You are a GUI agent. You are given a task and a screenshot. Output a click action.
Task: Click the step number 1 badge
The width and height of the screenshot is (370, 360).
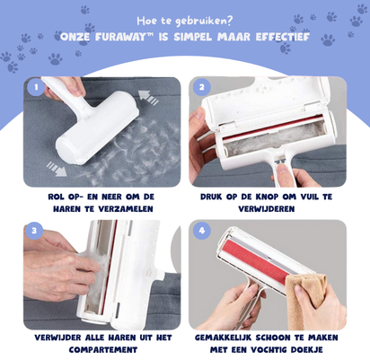tap(36, 87)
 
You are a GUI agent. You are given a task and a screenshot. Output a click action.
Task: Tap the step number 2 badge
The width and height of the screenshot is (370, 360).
tap(201, 87)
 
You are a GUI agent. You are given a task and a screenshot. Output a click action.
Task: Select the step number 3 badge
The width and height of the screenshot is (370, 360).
tap(34, 231)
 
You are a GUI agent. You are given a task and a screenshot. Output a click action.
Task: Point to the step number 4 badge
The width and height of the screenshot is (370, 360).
tap(202, 231)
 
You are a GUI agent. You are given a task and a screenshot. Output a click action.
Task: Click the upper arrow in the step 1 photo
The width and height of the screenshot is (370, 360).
tap(148, 97)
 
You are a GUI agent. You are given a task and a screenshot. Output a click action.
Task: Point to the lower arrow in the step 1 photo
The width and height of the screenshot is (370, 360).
tap(57, 169)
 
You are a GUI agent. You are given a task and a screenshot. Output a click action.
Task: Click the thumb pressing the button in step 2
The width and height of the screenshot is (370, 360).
tap(282, 172)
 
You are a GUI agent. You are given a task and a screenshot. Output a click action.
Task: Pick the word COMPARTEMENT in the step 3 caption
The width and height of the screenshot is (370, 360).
tap(103, 349)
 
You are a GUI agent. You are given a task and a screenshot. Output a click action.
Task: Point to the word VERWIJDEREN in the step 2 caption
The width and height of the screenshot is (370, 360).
tap(267, 209)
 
